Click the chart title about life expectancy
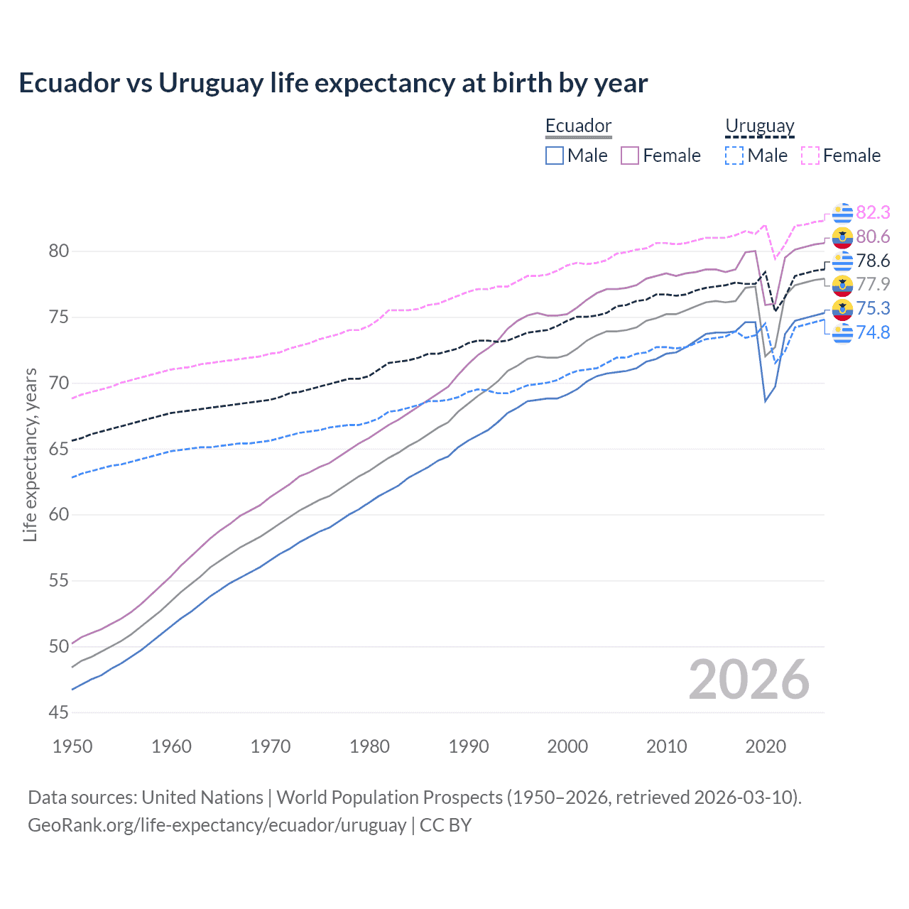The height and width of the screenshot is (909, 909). click(x=333, y=83)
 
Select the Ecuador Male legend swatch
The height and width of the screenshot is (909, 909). click(x=555, y=156)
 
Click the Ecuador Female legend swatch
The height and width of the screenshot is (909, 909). click(x=630, y=156)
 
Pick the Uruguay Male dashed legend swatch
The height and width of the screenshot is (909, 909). click(x=734, y=156)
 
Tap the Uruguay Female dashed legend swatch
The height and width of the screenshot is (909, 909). click(x=810, y=156)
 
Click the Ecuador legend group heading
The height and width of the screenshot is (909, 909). click(x=578, y=126)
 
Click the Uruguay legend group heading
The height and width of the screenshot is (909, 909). click(x=759, y=126)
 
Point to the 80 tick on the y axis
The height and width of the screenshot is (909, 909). click(x=59, y=251)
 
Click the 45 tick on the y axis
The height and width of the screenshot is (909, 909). click(x=59, y=712)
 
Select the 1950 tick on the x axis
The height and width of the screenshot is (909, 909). click(x=72, y=746)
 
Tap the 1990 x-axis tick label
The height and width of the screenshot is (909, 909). click(x=469, y=746)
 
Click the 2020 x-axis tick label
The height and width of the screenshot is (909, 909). click(x=766, y=746)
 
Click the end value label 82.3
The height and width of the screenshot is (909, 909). click(x=873, y=212)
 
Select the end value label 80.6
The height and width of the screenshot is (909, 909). click(x=873, y=236)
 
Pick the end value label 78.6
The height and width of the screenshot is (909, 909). click(x=873, y=261)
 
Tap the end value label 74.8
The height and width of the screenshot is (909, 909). click(x=873, y=332)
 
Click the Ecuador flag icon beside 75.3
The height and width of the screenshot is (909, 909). click(x=842, y=309)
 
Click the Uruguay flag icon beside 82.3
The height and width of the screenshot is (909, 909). click(x=842, y=213)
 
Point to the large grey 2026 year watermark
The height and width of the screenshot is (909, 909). click(x=749, y=680)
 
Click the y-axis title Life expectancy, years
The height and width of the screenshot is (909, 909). click(x=30, y=454)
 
